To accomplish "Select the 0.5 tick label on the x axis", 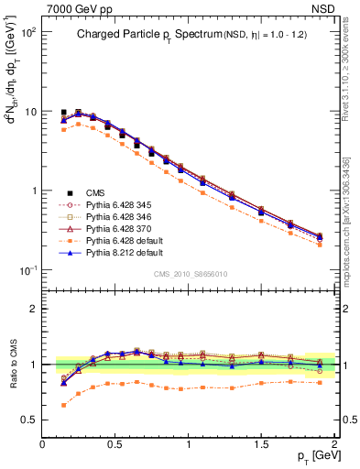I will pos(116,443).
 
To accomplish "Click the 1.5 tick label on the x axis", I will pos(262,443).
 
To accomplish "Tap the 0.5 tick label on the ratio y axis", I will pos(30,420).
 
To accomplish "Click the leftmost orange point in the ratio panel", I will pos(63,404).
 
